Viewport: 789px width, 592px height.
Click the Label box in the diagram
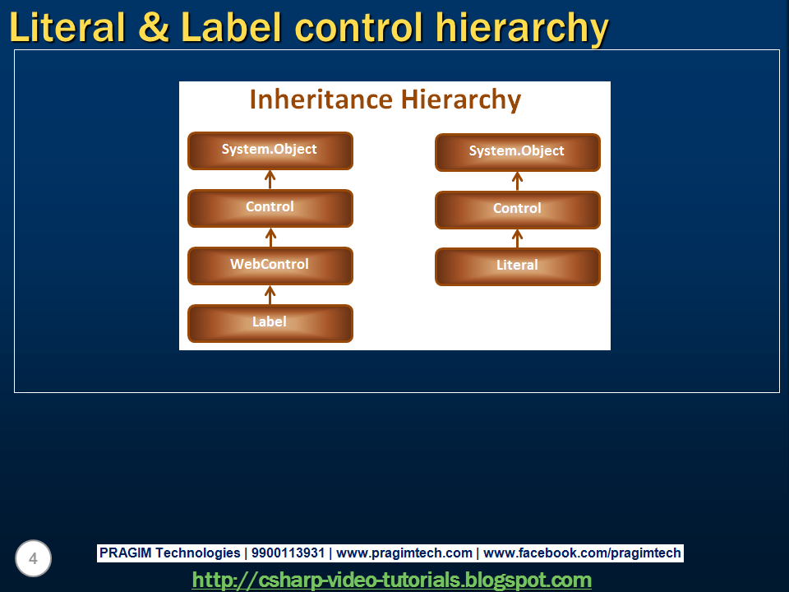[270, 323]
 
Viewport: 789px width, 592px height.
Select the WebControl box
[270, 266]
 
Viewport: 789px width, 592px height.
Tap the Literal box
[517, 266]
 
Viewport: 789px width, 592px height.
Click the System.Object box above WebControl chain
[270, 150]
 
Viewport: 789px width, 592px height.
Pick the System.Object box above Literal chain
[517, 152]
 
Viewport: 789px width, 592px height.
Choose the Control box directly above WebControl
[270, 208]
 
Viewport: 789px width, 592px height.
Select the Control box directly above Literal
[517, 210]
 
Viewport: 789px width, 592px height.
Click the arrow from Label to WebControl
[270, 294]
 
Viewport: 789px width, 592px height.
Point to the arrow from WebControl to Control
[270, 237]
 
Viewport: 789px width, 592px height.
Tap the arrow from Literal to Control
[517, 238]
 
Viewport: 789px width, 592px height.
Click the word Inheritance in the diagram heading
[321, 99]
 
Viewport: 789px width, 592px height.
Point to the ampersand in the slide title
[154, 28]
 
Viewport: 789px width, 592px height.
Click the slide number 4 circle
[33, 559]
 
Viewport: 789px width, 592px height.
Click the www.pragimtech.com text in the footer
[404, 553]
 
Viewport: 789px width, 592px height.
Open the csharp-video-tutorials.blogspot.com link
[392, 580]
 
